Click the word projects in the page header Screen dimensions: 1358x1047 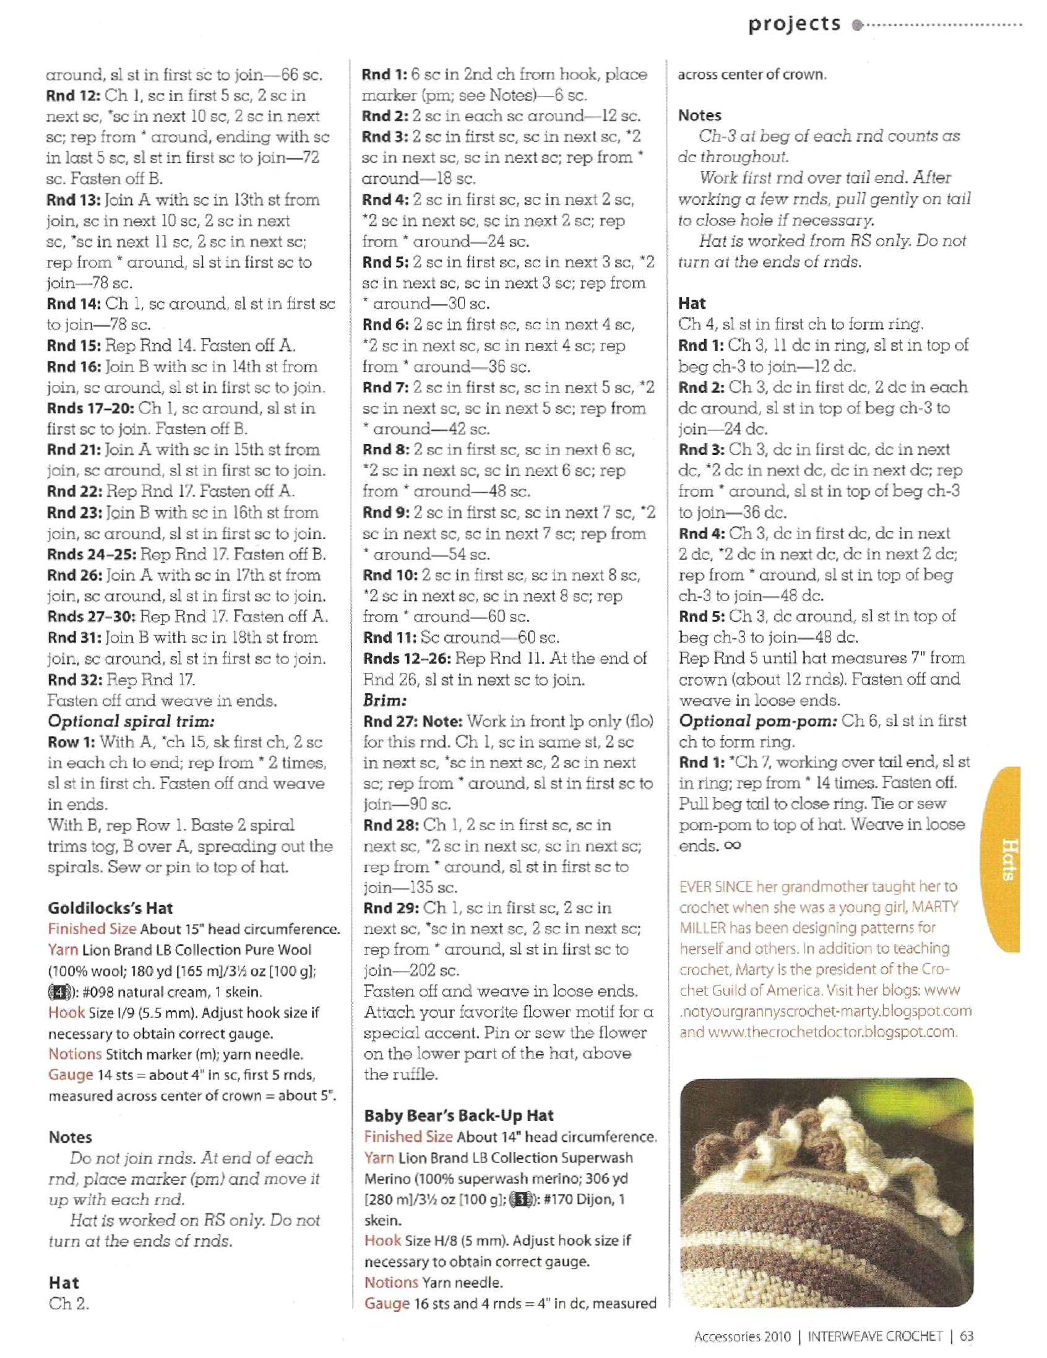coord(794,24)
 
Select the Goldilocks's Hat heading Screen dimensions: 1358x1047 coord(110,908)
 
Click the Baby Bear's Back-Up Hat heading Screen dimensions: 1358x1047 coord(459,1115)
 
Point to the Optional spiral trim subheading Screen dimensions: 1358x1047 coord(131,721)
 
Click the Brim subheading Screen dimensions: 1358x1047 coord(385,700)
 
